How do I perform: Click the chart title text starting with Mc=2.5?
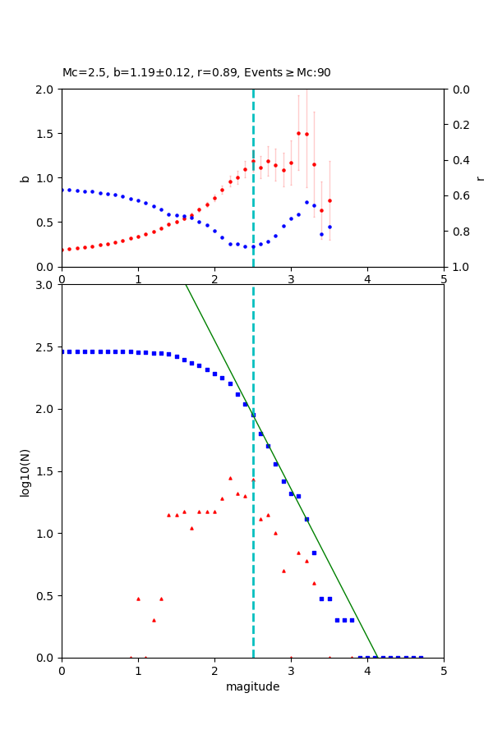[196, 73]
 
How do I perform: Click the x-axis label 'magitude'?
[252, 686]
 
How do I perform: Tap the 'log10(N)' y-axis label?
[25, 471]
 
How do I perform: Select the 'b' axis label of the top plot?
[25, 178]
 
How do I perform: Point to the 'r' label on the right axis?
[480, 178]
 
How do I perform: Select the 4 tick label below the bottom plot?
[367, 671]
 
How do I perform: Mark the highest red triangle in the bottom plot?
[230, 478]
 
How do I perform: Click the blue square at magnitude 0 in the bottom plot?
[62, 351]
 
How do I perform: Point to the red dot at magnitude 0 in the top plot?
[62, 250]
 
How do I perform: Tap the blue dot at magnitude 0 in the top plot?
[62, 190]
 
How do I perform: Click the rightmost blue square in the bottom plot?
[421, 657]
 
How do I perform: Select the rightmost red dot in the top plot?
[329, 200]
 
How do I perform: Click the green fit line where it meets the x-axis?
[377, 657]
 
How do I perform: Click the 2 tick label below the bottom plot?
[214, 671]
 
